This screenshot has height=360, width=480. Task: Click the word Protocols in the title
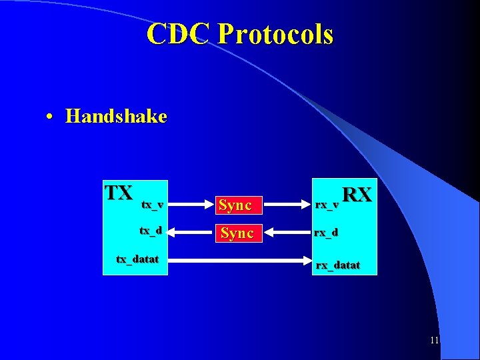coord(275,35)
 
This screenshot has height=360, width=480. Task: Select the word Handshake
coord(116,117)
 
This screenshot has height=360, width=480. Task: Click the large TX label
coord(119,193)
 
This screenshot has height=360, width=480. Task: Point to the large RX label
coord(357,195)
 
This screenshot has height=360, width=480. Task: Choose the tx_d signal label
coord(151,231)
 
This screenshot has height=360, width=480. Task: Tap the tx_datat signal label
coord(137,258)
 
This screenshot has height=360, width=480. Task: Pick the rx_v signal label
coord(327,205)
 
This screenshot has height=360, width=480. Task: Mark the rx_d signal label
coord(327,233)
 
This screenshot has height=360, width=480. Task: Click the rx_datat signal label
coord(338,265)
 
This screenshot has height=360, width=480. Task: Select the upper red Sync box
coord(236,205)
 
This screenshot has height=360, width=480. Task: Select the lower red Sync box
coord(237,233)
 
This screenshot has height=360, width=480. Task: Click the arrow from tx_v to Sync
coord(191,205)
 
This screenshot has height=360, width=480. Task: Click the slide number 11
coord(435,341)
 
